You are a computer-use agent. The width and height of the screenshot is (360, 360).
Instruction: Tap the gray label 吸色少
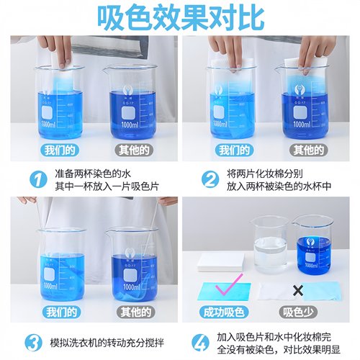[x=296, y=312]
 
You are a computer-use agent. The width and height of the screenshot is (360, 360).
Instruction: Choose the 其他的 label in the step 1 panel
[x=133, y=150]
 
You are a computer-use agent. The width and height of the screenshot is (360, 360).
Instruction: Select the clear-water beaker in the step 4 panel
[x=271, y=245]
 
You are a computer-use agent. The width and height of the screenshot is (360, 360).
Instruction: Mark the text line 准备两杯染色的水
[x=95, y=173]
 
